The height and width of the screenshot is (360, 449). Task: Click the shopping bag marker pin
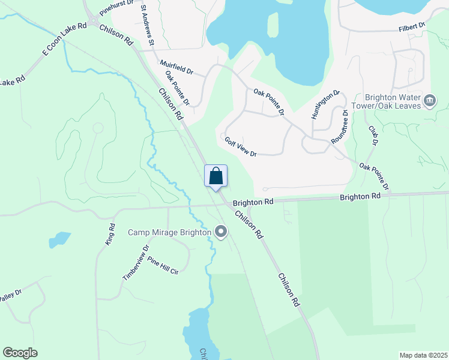(216, 177)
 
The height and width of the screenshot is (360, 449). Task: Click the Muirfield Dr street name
(176, 67)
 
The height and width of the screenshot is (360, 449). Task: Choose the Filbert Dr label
(412, 27)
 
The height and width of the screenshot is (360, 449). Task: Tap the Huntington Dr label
(326, 104)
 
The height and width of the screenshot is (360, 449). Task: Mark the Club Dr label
(374, 136)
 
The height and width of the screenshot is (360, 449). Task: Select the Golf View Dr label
(241, 146)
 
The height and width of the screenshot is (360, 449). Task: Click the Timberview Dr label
(135, 263)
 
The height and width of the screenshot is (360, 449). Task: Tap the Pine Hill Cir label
(163, 267)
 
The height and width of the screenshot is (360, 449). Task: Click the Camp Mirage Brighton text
(170, 232)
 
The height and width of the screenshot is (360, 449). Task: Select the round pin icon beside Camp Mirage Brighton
(221, 232)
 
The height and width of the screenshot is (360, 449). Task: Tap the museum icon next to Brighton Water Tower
(430, 101)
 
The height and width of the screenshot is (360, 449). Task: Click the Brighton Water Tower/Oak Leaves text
(392, 101)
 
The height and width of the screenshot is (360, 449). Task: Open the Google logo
(20, 353)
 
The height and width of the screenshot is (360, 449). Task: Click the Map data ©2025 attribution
(423, 355)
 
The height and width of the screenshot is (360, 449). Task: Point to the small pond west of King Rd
(59, 239)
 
